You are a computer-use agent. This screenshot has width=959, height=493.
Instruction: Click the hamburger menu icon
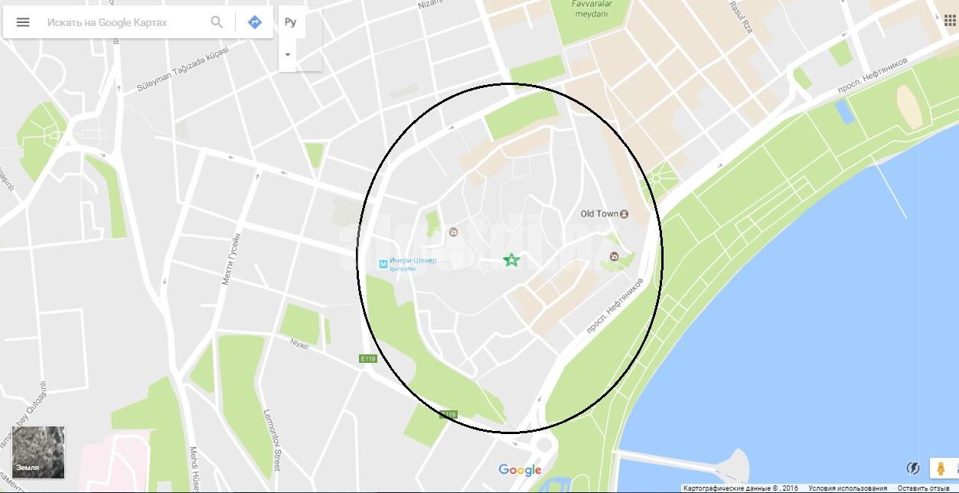tap(23, 22)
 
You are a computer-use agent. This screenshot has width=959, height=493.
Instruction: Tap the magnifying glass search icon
tap(217, 22)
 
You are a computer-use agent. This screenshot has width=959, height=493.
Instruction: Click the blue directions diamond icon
tap(255, 22)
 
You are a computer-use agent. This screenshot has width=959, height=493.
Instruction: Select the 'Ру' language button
tap(290, 22)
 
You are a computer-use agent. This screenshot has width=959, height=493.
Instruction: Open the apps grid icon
tap(949, 21)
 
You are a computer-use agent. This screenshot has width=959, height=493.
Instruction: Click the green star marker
tap(511, 260)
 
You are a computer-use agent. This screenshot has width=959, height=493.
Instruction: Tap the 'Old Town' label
tap(599, 214)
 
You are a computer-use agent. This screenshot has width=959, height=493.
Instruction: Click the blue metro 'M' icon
tap(383, 264)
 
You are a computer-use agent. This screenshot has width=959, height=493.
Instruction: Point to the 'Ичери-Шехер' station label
tap(413, 261)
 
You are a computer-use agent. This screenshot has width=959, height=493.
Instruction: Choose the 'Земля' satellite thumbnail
tap(38, 452)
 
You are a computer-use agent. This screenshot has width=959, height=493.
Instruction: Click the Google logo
tap(520, 470)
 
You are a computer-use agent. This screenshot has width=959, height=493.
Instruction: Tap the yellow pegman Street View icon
tap(941, 469)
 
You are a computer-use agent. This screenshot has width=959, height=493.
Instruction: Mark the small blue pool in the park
tap(845, 112)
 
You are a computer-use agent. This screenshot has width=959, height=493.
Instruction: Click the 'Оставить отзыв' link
tap(922, 488)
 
